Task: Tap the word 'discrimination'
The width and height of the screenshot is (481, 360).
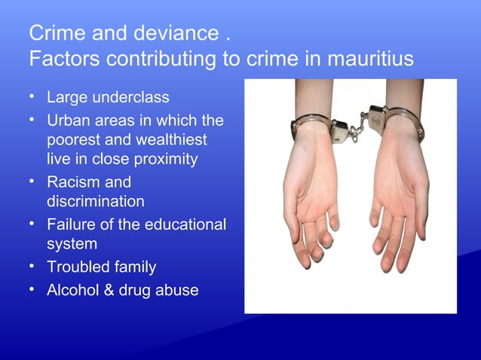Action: click(96, 201)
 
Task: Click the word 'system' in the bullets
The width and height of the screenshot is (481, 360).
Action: click(72, 244)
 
